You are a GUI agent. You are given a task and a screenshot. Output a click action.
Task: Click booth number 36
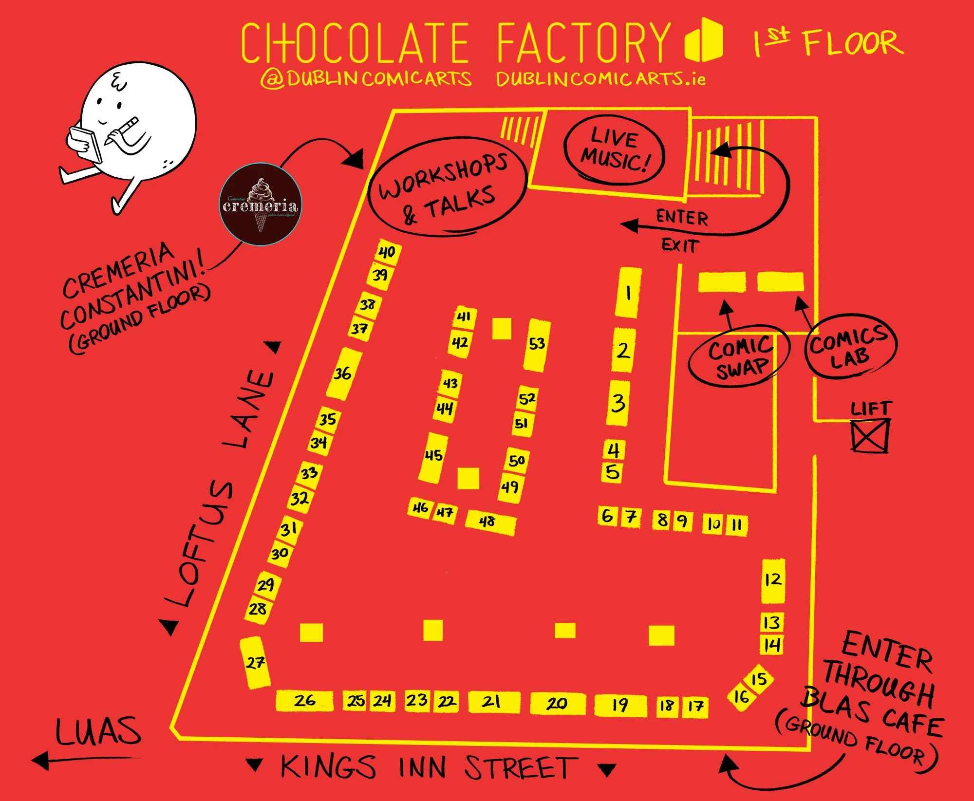[343, 373]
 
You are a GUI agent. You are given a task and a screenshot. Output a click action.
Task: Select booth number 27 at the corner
[255, 662]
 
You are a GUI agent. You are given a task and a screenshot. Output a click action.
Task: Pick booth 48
[489, 522]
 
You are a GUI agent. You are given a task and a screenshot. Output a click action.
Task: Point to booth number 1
[628, 293]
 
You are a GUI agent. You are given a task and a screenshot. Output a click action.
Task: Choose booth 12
[772, 580]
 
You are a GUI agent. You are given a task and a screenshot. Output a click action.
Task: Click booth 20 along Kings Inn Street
[557, 703]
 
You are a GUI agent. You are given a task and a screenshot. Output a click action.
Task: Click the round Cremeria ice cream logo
[261, 205]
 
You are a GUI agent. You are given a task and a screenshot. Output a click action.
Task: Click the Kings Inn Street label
[429, 768]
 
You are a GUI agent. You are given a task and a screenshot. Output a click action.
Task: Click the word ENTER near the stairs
[682, 217]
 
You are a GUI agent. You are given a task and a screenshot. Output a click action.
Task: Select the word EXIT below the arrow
[680, 245]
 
